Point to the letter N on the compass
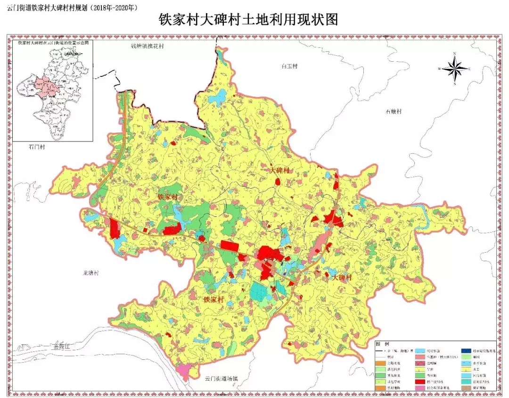tap(455, 53)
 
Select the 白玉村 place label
tap(289, 66)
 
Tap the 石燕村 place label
tap(393, 112)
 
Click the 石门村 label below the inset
tap(36, 147)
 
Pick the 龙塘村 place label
tap(90, 273)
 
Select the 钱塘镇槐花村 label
tap(148, 46)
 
